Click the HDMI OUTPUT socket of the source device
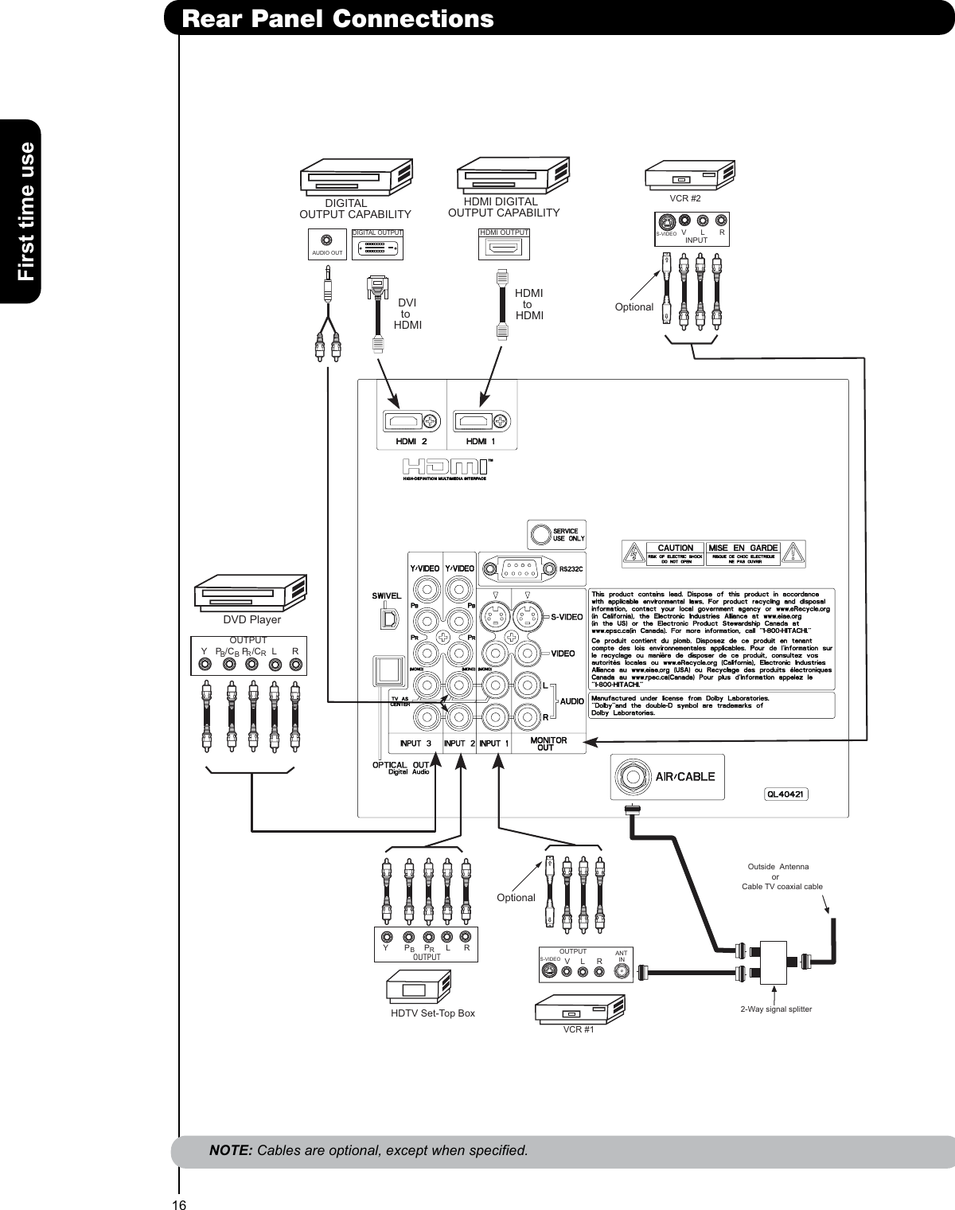click(504, 248)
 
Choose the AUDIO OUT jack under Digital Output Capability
click(326, 240)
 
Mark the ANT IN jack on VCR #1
click(622, 970)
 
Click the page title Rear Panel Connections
click(337, 18)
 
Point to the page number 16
click(179, 1204)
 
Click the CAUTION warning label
click(675, 548)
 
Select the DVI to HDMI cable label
click(407, 314)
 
